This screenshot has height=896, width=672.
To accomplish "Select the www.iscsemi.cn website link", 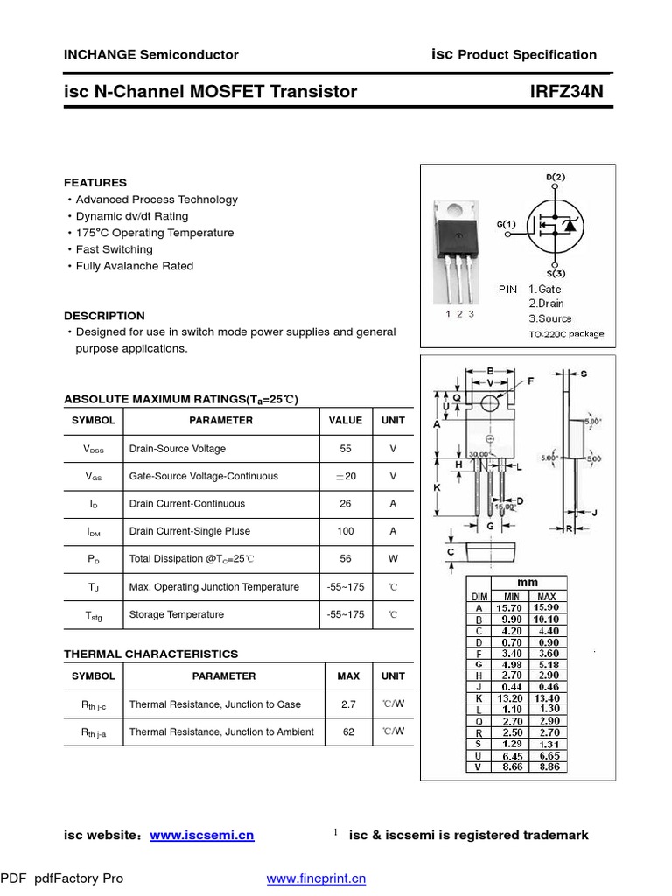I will coord(202,835).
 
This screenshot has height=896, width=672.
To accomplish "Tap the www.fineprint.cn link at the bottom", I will coord(316,878).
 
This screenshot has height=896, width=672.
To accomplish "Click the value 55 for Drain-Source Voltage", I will coord(346,449).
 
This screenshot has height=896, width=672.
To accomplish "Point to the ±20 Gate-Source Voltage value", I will coord(346,476).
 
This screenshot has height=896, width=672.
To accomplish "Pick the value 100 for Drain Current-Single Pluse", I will coord(346,531).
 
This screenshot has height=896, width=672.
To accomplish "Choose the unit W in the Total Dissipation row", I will coord(393,559).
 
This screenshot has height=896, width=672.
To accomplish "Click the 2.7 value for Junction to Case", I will coord(348,703).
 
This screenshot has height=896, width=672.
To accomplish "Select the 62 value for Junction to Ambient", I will coord(348,731).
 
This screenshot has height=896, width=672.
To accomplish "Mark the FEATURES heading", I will coord(95,183).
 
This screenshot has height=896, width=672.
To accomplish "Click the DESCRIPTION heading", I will coord(104,316).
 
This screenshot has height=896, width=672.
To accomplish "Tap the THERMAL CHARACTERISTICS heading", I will coord(150,654).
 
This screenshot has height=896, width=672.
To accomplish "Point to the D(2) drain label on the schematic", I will coord(556,177).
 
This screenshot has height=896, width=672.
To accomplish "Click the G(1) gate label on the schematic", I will coord(507,224).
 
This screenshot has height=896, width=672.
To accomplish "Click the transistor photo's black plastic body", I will coord(458,235).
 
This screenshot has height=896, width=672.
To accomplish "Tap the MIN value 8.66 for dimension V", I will coord(507,766).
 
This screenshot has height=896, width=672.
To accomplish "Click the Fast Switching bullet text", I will coord(114,249).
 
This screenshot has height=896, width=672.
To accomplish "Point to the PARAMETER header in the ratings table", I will coord(220,421).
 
